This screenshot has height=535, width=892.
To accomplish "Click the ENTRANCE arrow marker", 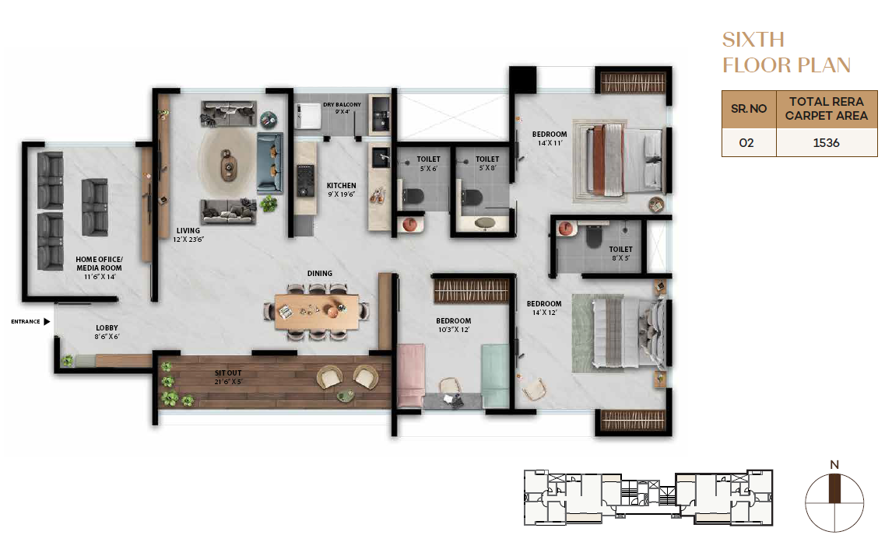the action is point(47,322).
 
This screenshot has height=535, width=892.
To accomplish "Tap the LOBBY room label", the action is point(107,332).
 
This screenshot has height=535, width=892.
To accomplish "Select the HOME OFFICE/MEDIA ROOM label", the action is point(100,267).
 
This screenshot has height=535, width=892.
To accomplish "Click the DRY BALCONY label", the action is point(342,108).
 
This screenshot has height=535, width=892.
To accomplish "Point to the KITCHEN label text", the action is point(342,185).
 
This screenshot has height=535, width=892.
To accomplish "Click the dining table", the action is point(317,312).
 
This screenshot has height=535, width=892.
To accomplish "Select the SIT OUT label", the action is point(228,377).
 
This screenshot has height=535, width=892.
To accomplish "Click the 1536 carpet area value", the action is point(826,143).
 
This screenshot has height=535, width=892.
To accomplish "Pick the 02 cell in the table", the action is point(746,143).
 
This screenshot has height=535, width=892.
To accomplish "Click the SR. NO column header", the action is point(749,109).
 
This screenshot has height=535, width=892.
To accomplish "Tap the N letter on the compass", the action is point(834,465).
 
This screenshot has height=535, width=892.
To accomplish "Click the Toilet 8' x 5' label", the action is point(620,254).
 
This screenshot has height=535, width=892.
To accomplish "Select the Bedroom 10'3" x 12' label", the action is point(454,325).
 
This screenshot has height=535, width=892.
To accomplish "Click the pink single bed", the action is point(411,376).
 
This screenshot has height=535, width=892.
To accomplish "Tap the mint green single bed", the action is point(496,376).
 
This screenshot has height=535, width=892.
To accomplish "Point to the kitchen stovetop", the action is point(305,181).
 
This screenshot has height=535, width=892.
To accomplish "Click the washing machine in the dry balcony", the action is point(308,116).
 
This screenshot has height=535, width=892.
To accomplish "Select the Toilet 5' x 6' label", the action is point(428,164).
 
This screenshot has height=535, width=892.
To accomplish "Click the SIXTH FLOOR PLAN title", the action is point(786,52).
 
